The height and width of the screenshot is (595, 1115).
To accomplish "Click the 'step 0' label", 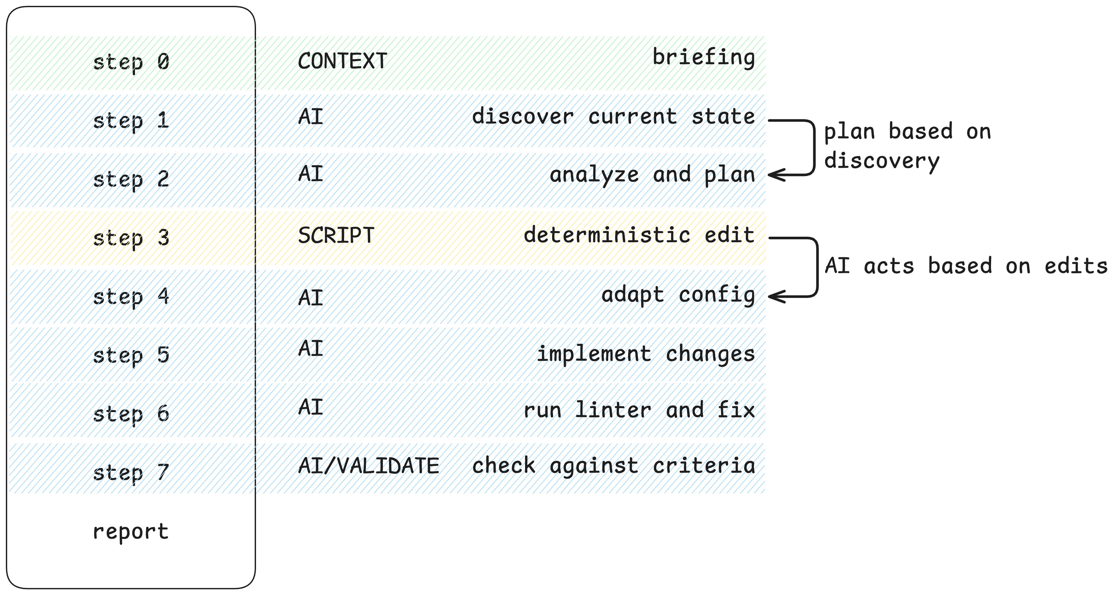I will tap(131, 62).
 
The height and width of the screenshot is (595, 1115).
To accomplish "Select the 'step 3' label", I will tap(131, 238).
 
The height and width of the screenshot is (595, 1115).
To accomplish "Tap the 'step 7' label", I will tap(131, 472).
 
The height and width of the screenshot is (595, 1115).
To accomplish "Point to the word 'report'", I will tap(131, 531).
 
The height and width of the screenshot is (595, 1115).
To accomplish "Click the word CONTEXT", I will tap(342, 61).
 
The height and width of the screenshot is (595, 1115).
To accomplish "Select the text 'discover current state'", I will tap(613, 116).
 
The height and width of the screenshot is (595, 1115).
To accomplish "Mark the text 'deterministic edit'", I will tap(639, 235).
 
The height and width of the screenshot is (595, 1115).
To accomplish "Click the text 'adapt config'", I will tap(678, 295).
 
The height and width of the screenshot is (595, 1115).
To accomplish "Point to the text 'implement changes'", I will tap(646, 354).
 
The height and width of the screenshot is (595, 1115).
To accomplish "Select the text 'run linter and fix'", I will tap(639, 410).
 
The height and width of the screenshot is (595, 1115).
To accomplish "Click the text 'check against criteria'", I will tap(613, 466).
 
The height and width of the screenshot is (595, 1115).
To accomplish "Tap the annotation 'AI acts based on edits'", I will tap(966, 266).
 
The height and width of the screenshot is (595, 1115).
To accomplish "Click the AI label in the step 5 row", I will tap(311, 348).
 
